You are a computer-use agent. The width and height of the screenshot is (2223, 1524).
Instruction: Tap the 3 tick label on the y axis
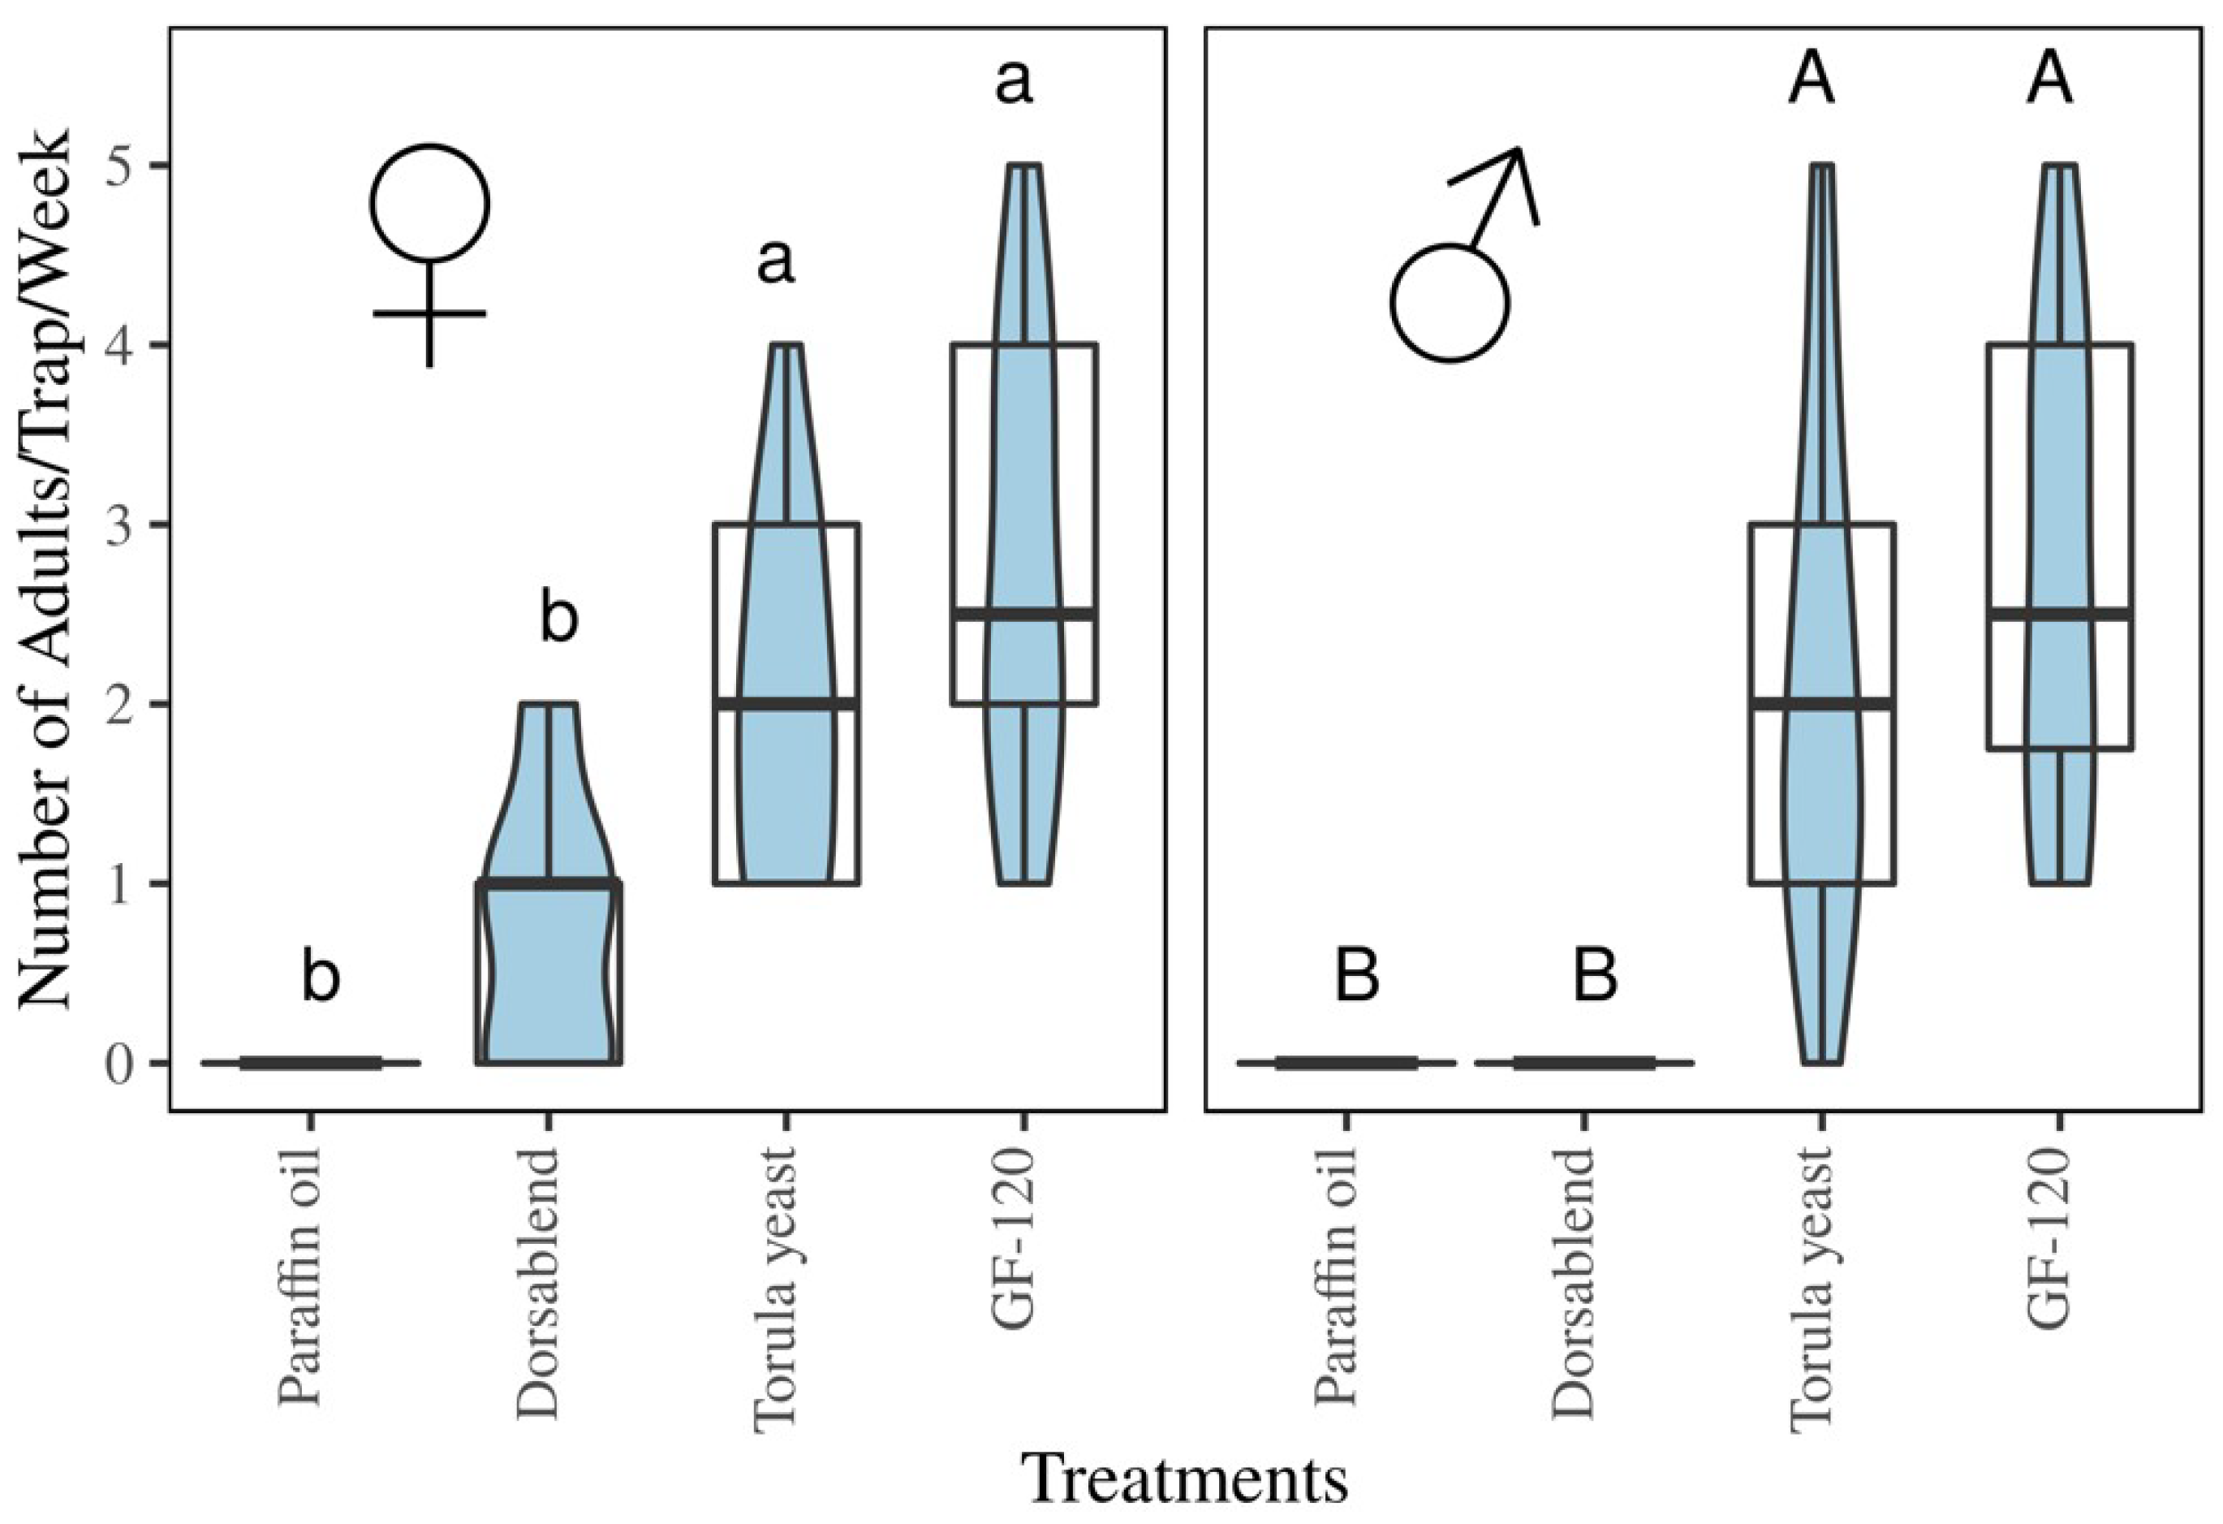pyautogui.click(x=118, y=525)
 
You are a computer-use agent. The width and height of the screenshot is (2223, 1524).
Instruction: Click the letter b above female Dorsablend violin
pyautogui.click(x=559, y=619)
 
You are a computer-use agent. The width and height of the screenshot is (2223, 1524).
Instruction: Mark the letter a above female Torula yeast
pyautogui.click(x=776, y=263)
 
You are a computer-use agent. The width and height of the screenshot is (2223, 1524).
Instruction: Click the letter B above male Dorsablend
pyautogui.click(x=1596, y=977)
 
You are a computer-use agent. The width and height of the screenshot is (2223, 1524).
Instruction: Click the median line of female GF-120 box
pyautogui.click(x=1023, y=613)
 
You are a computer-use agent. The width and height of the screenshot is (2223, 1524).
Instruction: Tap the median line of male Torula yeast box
pyautogui.click(x=1821, y=703)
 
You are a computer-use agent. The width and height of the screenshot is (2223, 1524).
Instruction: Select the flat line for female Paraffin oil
pyautogui.click(x=310, y=1062)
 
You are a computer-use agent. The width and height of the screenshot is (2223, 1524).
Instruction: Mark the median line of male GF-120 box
pyautogui.click(x=2059, y=613)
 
